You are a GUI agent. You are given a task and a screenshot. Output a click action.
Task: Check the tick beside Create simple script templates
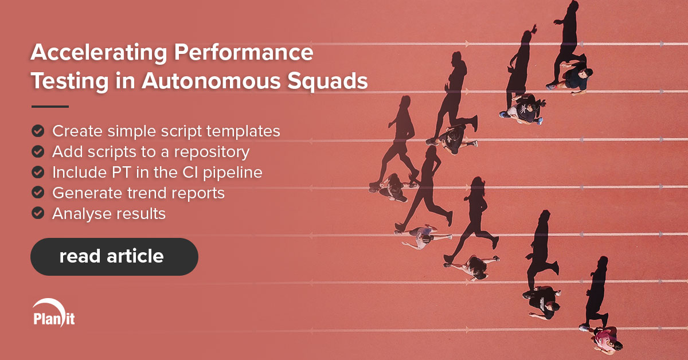38,131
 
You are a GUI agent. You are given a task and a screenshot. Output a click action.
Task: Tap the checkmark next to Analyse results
38,213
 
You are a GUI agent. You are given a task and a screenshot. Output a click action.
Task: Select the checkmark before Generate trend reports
38,193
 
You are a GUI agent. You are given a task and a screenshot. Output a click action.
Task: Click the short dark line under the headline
50,106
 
